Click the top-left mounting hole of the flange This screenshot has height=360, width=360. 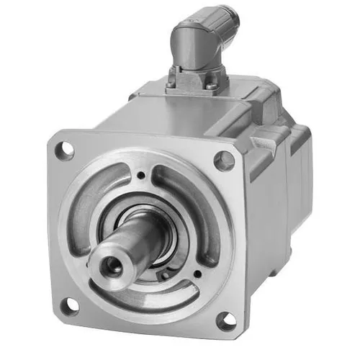coord(65,150)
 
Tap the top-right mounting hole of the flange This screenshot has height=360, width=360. coord(225,160)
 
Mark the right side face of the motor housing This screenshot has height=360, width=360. coord(270,216)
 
